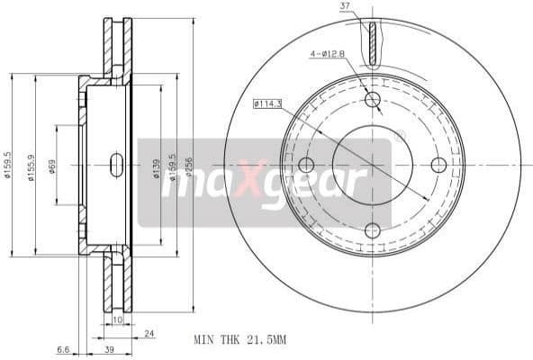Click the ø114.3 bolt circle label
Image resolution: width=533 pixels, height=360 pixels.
click(268, 105)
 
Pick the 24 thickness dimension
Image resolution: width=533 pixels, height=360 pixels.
click(149, 334)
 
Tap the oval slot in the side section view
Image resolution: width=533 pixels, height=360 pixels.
click(116, 165)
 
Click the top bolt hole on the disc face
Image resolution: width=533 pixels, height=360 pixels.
click(372, 99)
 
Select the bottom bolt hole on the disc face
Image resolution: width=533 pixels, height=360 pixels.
click(372, 230)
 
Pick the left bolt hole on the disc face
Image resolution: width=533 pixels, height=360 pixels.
click(306, 165)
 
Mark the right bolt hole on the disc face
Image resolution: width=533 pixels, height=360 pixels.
click(438, 165)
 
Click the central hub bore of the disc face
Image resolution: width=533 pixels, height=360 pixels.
click(372, 165)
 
